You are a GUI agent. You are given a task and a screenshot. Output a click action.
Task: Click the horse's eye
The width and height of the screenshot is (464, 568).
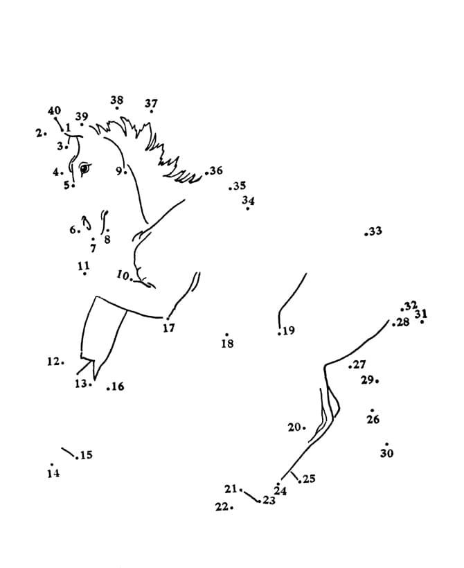(84, 167)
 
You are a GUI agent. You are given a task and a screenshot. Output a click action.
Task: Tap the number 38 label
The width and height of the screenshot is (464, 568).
(117, 100)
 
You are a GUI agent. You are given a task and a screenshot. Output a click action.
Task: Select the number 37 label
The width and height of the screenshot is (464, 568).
(151, 103)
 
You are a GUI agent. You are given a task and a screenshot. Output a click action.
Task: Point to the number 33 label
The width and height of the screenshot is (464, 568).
(375, 231)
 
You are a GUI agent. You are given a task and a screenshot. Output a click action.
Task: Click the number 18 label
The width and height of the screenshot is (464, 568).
(227, 343)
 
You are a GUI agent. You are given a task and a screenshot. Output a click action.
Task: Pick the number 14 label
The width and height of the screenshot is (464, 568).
(53, 474)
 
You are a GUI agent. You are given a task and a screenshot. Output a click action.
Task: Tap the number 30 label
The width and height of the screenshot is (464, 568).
(386, 453)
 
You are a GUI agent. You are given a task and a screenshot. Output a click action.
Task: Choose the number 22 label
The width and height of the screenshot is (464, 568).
(222, 507)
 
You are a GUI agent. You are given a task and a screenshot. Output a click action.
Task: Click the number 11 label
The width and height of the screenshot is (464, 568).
(84, 265)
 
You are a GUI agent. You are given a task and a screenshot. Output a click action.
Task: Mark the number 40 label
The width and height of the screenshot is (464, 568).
(54, 110)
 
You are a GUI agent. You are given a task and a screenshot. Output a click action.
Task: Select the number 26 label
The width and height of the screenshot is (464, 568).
(373, 419)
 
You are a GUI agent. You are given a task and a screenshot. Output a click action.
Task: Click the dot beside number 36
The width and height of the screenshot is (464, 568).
(206, 172)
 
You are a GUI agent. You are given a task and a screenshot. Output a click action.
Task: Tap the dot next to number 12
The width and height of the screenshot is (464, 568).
(64, 362)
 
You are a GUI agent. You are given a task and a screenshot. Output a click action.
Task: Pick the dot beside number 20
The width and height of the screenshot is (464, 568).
(304, 428)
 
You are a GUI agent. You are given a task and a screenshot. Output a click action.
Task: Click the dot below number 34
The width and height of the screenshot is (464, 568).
(248, 208)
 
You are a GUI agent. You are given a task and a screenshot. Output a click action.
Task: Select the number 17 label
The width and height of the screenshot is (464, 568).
(169, 328)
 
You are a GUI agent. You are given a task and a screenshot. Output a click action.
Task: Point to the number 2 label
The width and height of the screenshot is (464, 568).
(39, 132)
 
